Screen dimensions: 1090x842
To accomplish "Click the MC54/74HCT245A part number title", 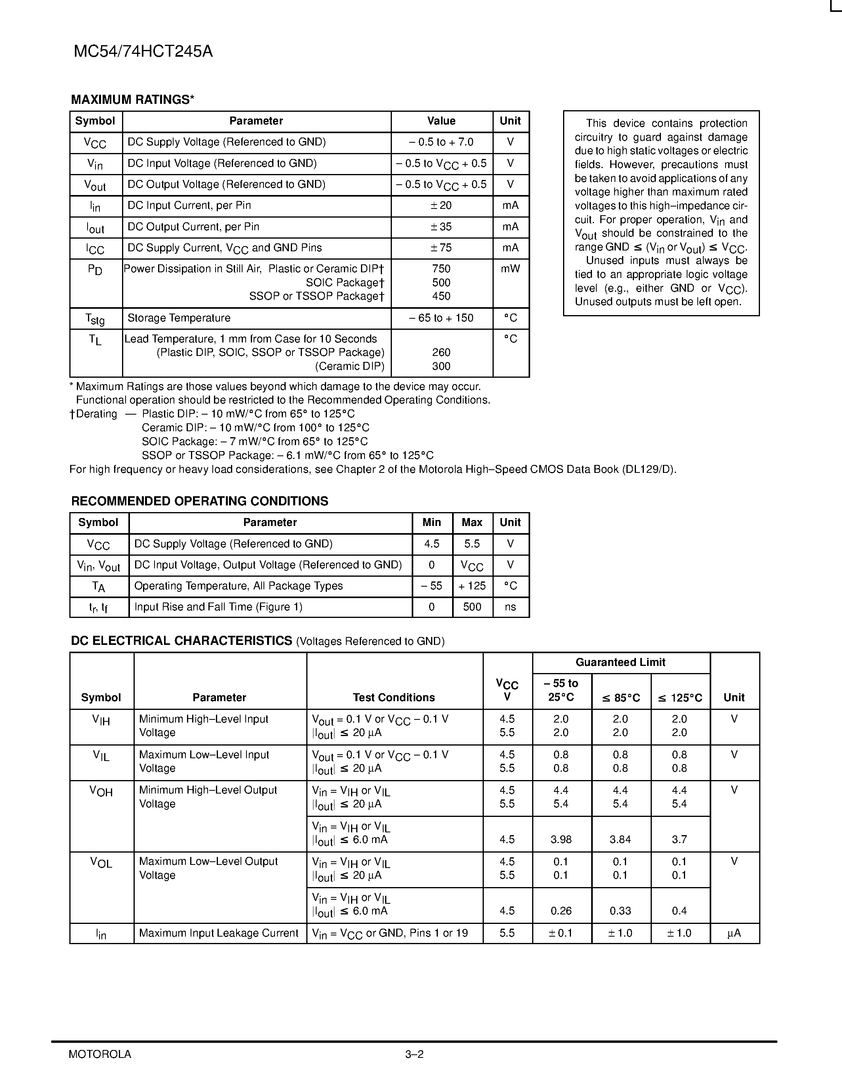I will tap(143, 52).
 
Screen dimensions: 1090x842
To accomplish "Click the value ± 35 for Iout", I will tap(441, 227).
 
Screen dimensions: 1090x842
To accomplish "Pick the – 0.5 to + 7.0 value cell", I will tap(441, 142).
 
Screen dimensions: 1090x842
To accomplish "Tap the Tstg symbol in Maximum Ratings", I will tap(95, 318).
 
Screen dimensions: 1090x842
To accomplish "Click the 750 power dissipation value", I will tap(441, 269).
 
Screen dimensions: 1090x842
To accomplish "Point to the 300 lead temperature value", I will tap(441, 366).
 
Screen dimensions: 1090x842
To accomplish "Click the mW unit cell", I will tap(510, 269).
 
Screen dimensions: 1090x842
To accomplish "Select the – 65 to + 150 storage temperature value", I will tap(441, 318).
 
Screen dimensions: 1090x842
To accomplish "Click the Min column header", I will tap(432, 522).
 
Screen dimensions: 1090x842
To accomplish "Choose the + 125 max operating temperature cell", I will tap(472, 586).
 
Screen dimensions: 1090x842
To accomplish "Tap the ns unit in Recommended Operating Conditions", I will tap(510, 607).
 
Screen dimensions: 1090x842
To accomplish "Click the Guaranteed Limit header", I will tap(620, 662).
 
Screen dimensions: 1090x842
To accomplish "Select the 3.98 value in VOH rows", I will tap(561, 839).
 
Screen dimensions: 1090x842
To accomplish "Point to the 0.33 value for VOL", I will tap(620, 911).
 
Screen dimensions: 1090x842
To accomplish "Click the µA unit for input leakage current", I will tap(734, 933).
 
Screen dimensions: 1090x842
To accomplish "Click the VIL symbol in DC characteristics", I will tap(101, 755).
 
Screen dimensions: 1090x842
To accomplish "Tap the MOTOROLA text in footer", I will tap(100, 1054).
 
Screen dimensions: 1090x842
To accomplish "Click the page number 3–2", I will tap(414, 1054).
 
